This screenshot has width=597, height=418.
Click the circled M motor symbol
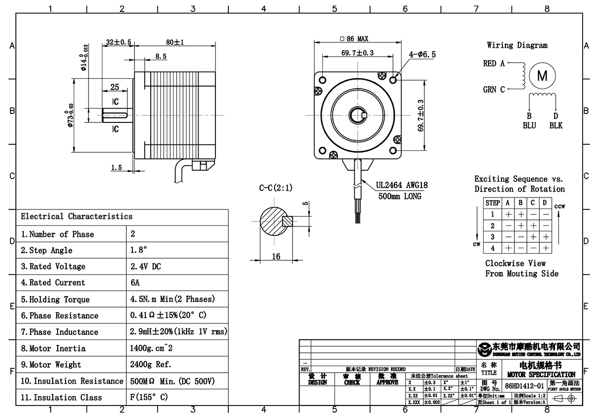[x=542, y=76]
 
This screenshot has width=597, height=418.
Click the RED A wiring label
[x=494, y=64]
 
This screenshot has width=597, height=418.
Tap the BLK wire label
[x=556, y=125]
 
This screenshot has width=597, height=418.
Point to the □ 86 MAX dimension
[x=354, y=39]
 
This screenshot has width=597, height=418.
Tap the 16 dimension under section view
[x=276, y=256]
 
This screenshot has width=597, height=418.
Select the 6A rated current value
[x=135, y=283]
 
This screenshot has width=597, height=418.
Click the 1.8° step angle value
[x=139, y=250]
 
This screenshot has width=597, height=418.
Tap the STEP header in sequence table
[x=493, y=203]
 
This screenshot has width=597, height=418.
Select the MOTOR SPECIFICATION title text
[x=541, y=374]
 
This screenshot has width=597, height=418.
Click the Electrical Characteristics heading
[x=77, y=216]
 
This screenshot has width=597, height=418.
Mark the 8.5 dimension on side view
[x=161, y=57]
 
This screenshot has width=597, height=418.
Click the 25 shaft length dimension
[x=114, y=87]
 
